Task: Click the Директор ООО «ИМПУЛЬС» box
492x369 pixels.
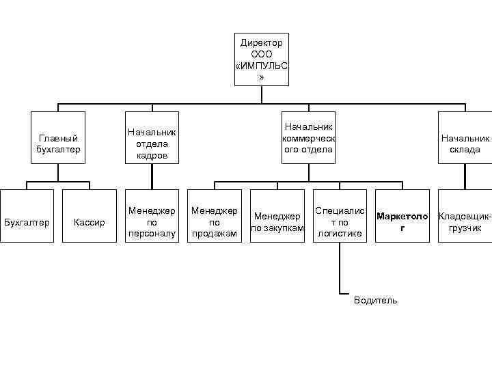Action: click(262, 59)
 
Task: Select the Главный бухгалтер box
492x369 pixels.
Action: click(59, 138)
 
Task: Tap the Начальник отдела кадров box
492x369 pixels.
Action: click(152, 138)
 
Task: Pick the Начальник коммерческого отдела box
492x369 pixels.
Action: click(308, 138)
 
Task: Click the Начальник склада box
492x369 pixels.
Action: click(465, 138)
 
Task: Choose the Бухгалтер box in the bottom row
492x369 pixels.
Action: click(27, 223)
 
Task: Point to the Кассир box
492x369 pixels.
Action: click(89, 223)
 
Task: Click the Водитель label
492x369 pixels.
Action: click(375, 301)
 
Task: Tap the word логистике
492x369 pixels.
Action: click(339, 233)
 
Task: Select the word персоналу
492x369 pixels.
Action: click(152, 233)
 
